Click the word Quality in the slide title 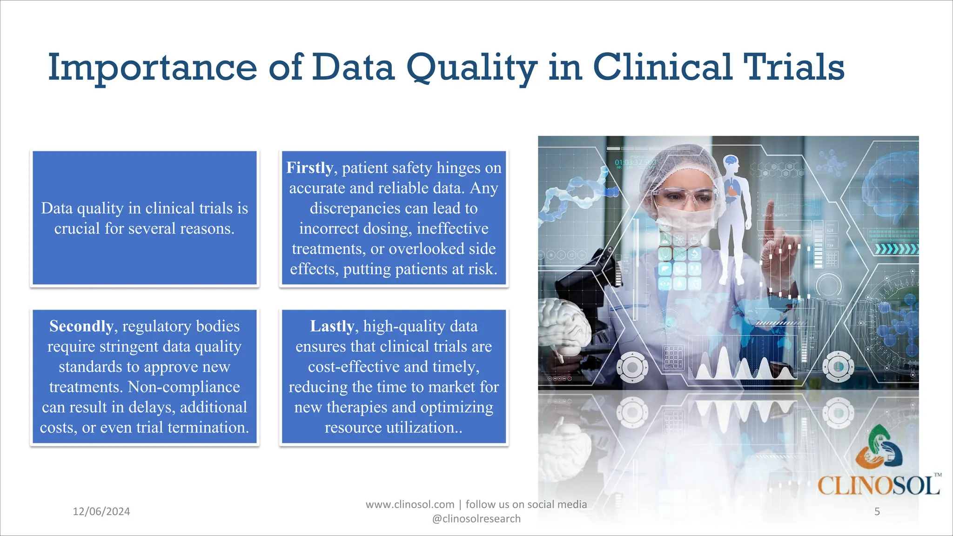471,68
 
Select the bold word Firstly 309,167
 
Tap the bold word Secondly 81,326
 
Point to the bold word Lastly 332,326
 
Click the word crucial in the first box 77,228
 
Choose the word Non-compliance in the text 184,387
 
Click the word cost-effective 354,367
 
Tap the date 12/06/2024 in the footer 101,511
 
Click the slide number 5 877,511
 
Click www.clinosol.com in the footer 409,504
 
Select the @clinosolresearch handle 476,519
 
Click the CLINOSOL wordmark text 878,486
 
